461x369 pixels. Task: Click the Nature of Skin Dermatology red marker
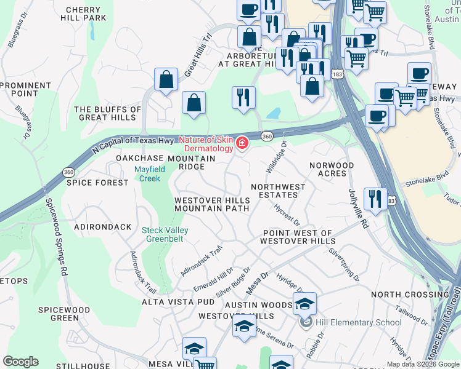coord(242,143)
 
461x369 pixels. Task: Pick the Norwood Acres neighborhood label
coord(332,170)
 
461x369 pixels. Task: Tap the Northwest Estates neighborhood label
coord(278,191)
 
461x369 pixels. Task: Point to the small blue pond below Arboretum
coord(272,114)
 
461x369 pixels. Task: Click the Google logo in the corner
coord(21,362)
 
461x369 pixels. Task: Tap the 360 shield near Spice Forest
coord(68,172)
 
